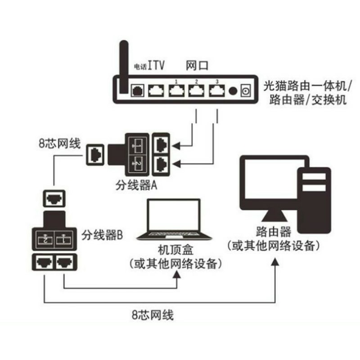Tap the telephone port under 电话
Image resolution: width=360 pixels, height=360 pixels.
click(x=137, y=90)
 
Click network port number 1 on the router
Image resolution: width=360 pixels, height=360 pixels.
click(x=177, y=90)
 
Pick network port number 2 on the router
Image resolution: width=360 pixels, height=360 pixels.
click(x=197, y=90)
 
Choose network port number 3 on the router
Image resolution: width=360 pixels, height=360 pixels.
click(x=217, y=90)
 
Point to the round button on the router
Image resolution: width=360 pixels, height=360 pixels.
click(x=233, y=91)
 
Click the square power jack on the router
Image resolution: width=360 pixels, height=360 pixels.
click(x=246, y=90)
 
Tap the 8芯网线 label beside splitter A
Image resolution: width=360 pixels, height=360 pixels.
click(x=59, y=145)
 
